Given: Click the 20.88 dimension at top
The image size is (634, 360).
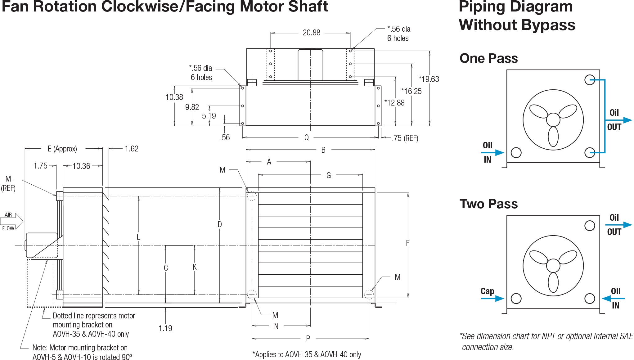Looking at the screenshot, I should tap(311, 33).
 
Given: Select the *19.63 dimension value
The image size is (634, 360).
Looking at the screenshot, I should tap(429, 79).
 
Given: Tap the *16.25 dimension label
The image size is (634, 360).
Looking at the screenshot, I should tap(411, 91).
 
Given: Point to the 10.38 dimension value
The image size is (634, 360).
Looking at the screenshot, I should tap(174, 97).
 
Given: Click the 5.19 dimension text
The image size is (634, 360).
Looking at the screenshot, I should tap(209, 116).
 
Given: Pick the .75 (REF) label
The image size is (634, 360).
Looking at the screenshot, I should tap(405, 138).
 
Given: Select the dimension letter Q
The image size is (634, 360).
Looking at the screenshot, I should tap(307, 137).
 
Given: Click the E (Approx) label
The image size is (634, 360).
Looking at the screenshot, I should tap(62, 149).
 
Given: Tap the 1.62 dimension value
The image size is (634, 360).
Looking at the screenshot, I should tap(131, 149).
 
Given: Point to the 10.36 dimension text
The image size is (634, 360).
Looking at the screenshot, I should tap(81, 166).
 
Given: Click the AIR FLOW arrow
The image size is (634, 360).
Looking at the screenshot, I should tap(12, 221).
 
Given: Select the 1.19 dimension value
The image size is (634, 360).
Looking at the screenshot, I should tap(165, 328).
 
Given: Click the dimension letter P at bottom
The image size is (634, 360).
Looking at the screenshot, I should tap(308, 339).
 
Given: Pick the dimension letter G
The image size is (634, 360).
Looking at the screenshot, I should tap(329, 176).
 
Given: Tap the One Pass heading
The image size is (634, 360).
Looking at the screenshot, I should tap(488, 58).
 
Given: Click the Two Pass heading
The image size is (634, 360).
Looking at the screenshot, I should tap(488, 204).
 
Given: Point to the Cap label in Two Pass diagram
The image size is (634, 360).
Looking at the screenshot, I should tap(487, 291).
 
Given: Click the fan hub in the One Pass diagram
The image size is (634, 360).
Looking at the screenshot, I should tap(553, 119).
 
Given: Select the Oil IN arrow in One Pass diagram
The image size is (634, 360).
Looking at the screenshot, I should tap(493, 153).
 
